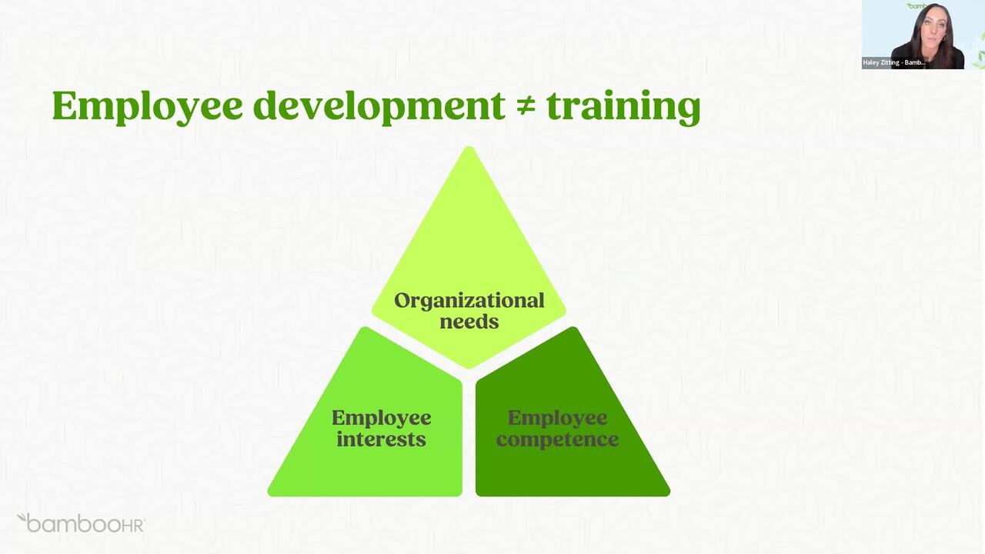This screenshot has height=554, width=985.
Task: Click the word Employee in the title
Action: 147,107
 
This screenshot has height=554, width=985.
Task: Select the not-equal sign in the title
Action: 526,107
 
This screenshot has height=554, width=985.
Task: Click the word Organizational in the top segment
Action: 469,301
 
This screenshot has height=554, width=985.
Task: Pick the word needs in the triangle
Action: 469,322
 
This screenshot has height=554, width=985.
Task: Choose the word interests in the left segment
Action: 381,439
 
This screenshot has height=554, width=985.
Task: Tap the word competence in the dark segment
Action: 558,439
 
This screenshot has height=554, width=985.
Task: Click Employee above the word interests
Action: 381,418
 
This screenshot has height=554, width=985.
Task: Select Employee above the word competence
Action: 558,418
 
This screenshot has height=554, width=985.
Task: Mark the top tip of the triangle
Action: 469,147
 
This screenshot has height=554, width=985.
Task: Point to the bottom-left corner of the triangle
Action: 269,494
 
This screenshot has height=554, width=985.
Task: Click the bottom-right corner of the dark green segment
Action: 668,494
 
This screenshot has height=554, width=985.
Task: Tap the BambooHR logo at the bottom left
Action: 81,523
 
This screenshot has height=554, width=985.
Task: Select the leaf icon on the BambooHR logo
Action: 22,518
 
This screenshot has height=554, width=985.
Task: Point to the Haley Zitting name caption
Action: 894,63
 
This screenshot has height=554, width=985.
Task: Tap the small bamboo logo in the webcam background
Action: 917,6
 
